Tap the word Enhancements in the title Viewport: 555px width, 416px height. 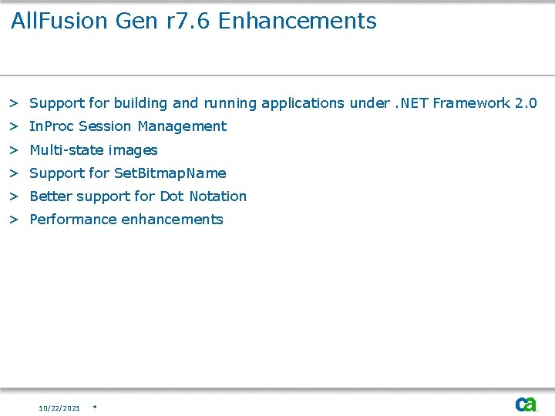[298, 21]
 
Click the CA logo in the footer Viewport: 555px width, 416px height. [526, 404]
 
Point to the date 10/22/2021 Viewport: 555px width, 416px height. [59, 408]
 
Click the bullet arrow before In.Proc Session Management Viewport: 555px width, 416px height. [14, 126]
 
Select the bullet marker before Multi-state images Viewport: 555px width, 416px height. [14, 150]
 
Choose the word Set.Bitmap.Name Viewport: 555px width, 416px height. [170, 173]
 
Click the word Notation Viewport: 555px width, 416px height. [217, 196]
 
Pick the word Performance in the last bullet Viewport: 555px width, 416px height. [72, 220]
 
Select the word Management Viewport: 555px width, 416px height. [182, 126]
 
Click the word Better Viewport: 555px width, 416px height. [51, 196]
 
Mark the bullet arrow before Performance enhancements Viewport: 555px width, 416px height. [14, 220]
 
